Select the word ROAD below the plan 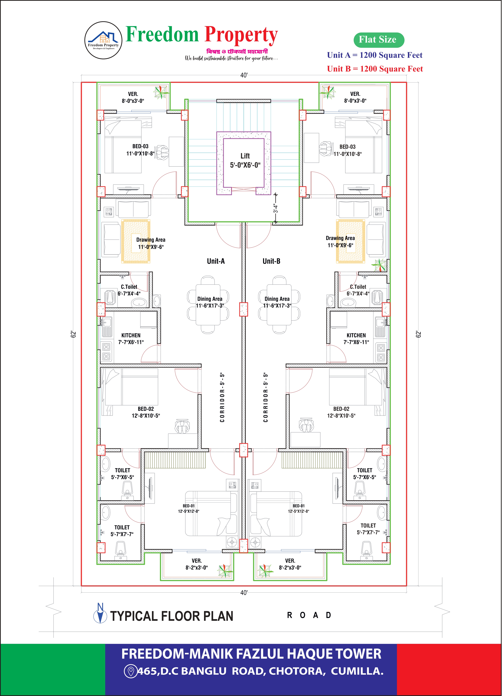click(309, 615)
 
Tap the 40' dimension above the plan click(244, 75)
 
